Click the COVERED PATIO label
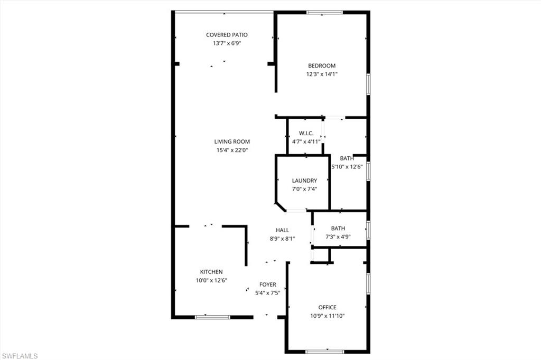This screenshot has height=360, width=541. tap(227, 35)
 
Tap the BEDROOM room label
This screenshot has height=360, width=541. tap(322, 66)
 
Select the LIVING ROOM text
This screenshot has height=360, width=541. tap(232, 141)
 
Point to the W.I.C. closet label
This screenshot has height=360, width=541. tap(306, 133)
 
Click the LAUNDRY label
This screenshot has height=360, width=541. tap(304, 181)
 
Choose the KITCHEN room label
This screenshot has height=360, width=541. tap(211, 272)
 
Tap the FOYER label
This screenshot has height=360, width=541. tap(267, 285)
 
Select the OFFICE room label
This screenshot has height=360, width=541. tap(327, 307)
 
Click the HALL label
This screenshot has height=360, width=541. tap(282, 230)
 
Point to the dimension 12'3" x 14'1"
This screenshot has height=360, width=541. tap(322, 74)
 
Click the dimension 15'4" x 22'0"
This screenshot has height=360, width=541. tap(232, 150)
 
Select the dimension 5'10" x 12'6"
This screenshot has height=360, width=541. tap(347, 167)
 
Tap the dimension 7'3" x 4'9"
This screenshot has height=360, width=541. tap(338, 236)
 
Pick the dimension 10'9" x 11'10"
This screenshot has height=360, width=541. tap(327, 316)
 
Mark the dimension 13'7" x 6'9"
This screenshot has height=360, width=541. tap(227, 43)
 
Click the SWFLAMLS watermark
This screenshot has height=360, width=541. tap(19, 356)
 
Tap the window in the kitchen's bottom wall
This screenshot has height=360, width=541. tap(212, 317)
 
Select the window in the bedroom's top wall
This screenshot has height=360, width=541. tap(324, 12)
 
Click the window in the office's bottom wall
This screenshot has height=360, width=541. tap(324, 352)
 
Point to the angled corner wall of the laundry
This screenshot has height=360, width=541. tap(281, 206)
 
